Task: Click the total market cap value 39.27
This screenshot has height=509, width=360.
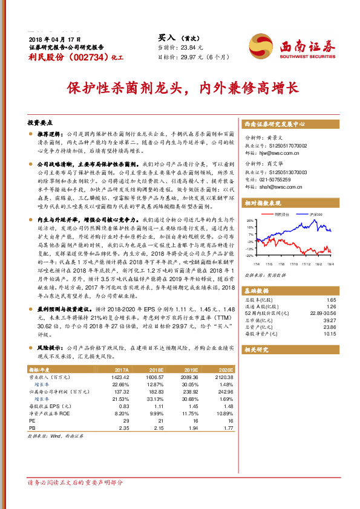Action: point(330,321)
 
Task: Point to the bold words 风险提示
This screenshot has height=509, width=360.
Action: point(51,348)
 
